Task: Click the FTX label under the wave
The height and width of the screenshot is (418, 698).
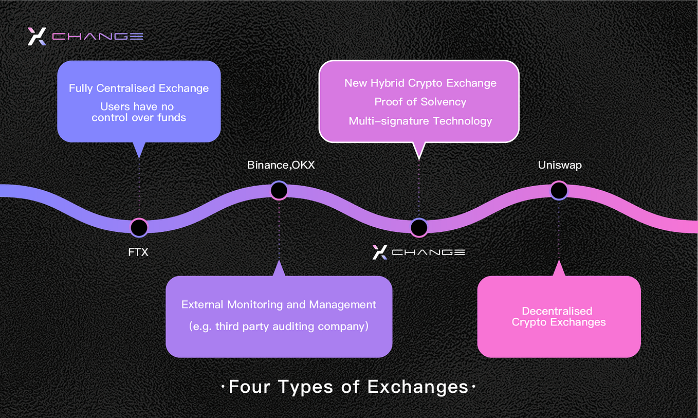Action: [138, 252]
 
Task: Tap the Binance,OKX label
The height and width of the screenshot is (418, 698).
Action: [281, 165]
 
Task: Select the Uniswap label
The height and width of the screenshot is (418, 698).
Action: [560, 165]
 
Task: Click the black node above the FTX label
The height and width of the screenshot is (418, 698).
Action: [139, 228]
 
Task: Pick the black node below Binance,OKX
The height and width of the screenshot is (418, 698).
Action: [279, 190]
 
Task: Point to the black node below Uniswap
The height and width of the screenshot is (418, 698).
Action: [559, 190]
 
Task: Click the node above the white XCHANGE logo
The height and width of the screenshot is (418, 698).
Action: [419, 228]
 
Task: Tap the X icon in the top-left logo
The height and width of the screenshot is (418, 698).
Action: [37, 37]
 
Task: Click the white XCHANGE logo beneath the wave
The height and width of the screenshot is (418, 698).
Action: [418, 252]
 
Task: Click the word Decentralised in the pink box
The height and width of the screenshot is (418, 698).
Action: [557, 311]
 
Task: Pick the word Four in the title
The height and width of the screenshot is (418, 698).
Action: [249, 387]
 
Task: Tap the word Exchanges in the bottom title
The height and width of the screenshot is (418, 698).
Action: [417, 387]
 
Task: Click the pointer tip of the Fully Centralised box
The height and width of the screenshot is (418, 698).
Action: [139, 158]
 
